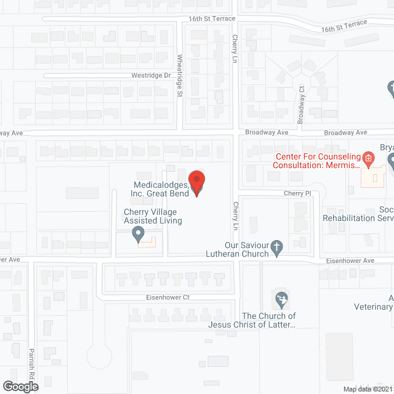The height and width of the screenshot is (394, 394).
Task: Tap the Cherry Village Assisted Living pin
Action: (x=139, y=234)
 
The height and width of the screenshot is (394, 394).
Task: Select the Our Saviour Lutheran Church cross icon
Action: (x=277, y=247)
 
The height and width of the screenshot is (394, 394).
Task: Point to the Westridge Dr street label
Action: (x=151, y=75)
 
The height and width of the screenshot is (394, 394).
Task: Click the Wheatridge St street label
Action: (x=180, y=76)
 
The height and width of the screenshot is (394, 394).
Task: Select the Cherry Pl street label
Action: (x=294, y=193)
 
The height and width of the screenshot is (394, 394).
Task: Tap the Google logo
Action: (x=20, y=386)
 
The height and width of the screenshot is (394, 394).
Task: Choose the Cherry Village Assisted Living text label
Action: (x=153, y=216)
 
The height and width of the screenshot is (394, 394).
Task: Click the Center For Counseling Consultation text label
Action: (x=317, y=161)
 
